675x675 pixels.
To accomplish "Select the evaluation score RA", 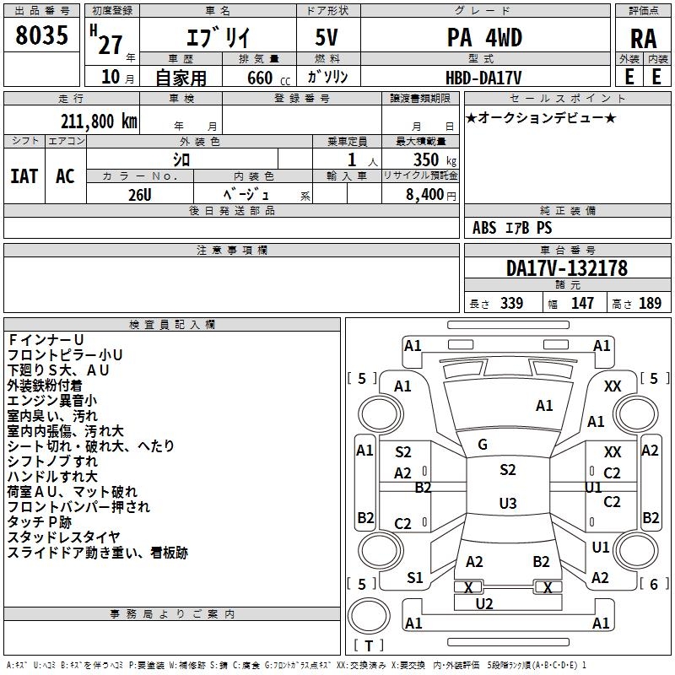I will click(x=643, y=38).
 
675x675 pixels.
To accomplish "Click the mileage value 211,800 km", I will click(x=99, y=121).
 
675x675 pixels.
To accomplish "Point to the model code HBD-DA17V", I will click(x=484, y=77).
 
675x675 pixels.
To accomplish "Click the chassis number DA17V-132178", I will click(x=567, y=268).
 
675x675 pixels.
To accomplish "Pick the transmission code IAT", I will click(x=24, y=175).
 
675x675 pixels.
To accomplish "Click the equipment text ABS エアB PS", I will click(x=511, y=228).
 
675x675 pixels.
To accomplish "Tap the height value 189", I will click(x=650, y=304).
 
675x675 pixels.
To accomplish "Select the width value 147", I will click(x=582, y=304).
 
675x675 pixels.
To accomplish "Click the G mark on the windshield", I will click(x=483, y=444).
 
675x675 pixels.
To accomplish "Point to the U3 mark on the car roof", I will click(x=507, y=503).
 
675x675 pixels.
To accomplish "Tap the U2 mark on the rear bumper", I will click(x=484, y=603).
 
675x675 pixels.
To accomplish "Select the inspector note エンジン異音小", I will click(x=52, y=400).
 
